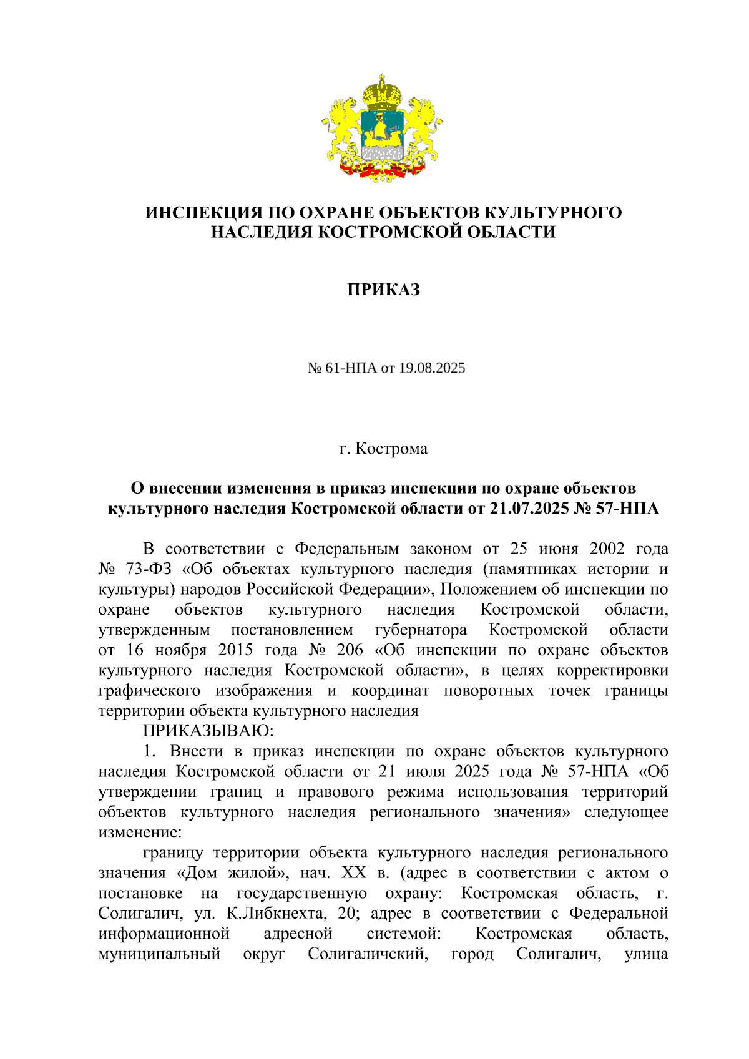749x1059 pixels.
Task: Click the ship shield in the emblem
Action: [382, 129]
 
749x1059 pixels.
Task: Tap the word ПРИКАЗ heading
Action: [383, 290]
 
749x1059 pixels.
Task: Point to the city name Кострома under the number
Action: [391, 449]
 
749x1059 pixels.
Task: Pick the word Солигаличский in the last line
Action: [368, 954]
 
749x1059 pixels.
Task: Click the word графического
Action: [150, 690]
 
